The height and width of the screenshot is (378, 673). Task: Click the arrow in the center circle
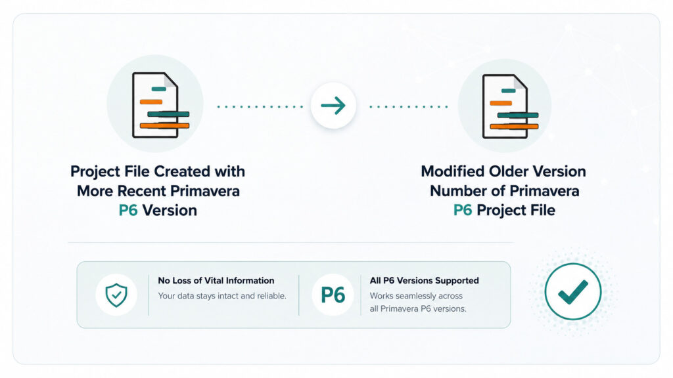(333, 106)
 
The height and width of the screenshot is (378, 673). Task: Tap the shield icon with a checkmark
(116, 295)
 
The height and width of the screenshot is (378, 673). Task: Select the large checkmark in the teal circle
(573, 292)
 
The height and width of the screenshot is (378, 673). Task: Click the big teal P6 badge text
(333, 295)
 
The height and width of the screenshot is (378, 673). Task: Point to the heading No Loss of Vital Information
(216, 280)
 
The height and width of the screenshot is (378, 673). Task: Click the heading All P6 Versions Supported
(424, 280)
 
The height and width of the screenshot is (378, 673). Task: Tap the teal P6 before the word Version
(128, 211)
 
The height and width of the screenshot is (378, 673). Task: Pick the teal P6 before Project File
(463, 210)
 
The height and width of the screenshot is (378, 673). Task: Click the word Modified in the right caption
(452, 171)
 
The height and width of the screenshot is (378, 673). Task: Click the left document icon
(160, 105)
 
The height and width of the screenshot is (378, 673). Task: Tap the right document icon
(510, 106)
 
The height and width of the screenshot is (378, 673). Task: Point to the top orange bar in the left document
(151, 102)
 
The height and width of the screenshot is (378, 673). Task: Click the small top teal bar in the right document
(509, 91)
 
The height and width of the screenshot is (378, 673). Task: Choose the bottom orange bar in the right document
(514, 127)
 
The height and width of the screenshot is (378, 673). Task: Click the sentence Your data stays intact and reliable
(222, 296)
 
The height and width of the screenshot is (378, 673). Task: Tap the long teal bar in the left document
(168, 114)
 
